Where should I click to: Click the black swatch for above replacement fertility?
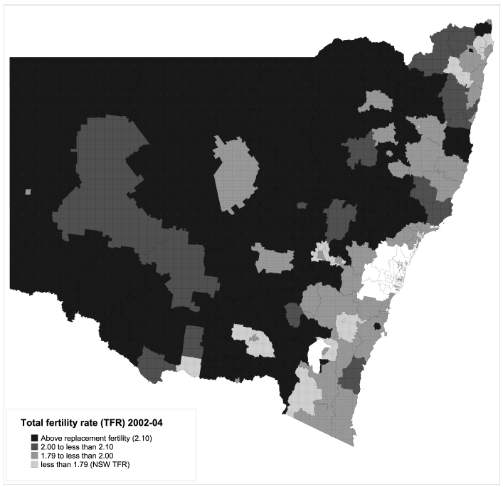click(34, 437)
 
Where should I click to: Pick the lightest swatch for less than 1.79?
click(34, 464)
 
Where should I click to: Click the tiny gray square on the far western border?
click(27, 192)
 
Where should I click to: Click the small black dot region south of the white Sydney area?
click(377, 326)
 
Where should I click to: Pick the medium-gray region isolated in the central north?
click(238, 174)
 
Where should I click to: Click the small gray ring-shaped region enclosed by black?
click(390, 152)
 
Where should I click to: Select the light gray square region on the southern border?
click(189, 367)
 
